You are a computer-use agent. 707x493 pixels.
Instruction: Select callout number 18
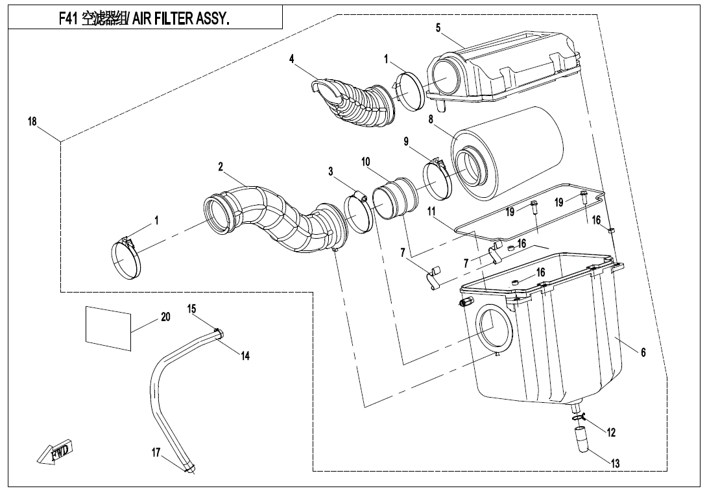point(33,121)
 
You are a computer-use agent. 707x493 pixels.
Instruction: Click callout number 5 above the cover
point(438,27)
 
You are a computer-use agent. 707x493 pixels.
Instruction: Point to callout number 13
point(615,463)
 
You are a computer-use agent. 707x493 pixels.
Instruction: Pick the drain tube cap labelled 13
point(582,444)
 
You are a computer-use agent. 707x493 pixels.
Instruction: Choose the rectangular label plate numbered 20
point(109,326)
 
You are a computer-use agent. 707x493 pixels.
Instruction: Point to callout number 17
point(156,453)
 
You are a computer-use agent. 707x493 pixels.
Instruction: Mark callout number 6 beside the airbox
point(643,352)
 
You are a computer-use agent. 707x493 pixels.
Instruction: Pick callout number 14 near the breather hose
point(245,355)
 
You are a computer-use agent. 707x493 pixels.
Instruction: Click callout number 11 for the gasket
point(431,211)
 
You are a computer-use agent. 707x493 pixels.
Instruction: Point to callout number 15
point(192,308)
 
